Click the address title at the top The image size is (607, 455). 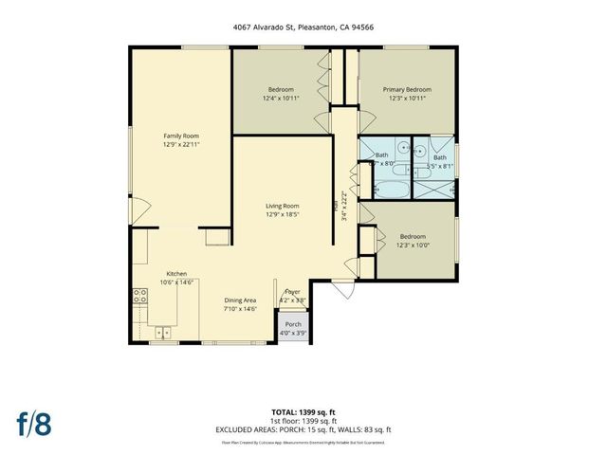coord(303,28)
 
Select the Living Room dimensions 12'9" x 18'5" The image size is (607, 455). coord(282,213)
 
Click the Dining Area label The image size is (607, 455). coord(240,300)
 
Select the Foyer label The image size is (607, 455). coord(292,293)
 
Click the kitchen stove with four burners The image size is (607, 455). coord(139,296)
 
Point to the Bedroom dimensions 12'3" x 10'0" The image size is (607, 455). coord(412,245)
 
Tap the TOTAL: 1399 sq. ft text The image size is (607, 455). coord(303,412)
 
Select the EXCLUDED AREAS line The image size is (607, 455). coord(303,428)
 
